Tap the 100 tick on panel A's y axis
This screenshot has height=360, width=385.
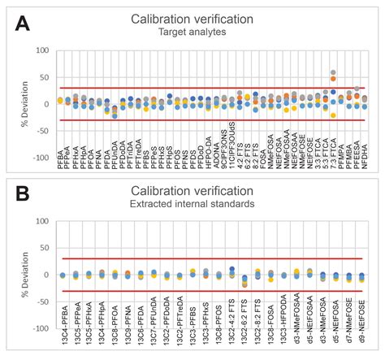[x=45, y=50]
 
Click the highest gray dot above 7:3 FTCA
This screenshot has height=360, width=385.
[x=333, y=72]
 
